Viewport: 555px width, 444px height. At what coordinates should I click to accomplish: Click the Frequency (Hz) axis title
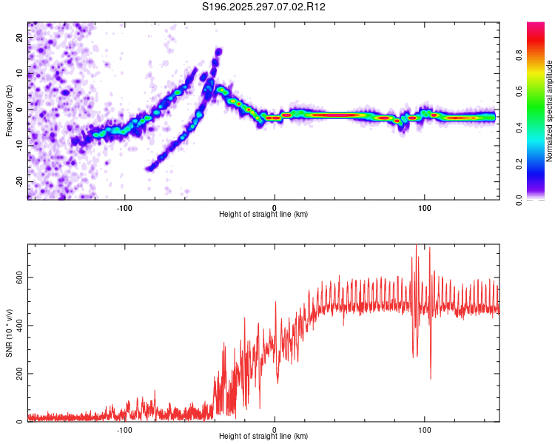coord(9,111)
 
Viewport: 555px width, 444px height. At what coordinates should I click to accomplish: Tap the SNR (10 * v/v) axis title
coord(9,332)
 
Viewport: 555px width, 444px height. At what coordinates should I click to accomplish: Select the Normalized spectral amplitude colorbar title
coord(550,111)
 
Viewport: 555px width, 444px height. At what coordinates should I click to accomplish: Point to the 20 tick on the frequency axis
coord(20,38)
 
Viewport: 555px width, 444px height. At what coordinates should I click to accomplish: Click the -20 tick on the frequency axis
coord(20,181)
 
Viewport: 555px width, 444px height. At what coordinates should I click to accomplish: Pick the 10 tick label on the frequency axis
coord(20,74)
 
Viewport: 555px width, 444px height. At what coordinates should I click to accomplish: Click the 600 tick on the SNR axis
coord(16,277)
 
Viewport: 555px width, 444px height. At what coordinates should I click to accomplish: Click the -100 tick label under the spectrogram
coord(124,207)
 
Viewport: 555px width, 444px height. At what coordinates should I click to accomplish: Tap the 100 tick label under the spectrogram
coord(425,207)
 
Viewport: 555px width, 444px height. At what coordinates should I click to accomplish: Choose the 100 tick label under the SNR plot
coord(425,429)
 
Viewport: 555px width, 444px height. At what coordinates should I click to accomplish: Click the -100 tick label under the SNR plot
coord(124,429)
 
